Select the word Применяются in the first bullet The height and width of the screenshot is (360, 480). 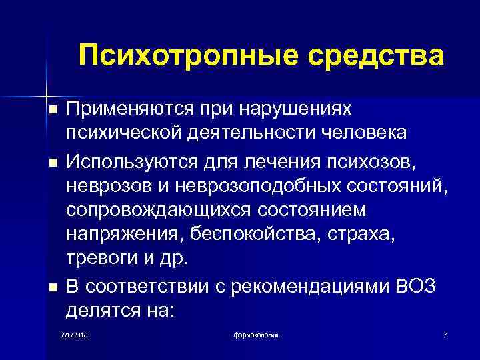point(131,108)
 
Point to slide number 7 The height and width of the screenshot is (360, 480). point(445,333)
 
